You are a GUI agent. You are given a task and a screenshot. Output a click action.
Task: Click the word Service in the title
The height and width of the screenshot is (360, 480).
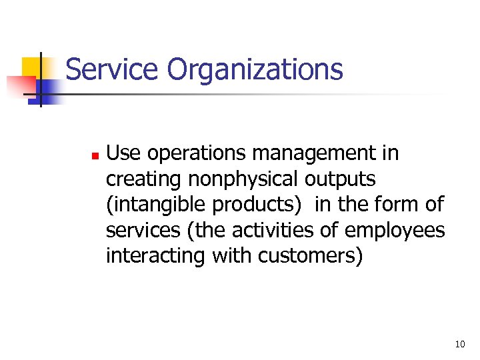coord(113,69)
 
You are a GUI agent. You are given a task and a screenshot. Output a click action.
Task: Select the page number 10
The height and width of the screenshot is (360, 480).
coord(459,345)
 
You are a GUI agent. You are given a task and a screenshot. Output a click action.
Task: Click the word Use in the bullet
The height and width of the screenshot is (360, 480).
coord(124,153)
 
